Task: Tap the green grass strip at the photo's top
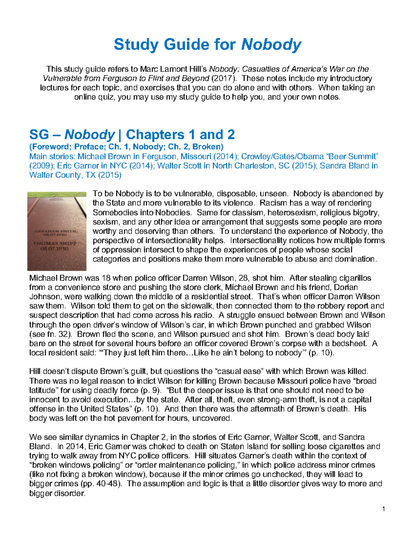(x=57, y=194)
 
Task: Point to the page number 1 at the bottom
(x=384, y=509)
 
